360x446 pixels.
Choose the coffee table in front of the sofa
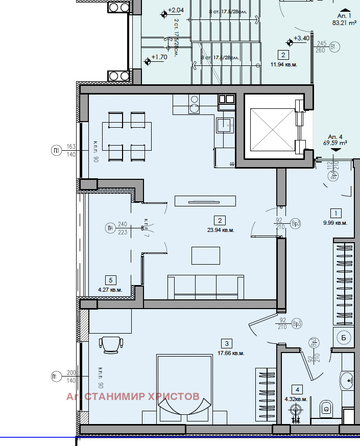tap(206, 255)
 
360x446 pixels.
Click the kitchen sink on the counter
tap(224, 124)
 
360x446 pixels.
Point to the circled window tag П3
tap(56, 150)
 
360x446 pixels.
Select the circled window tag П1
tap(56, 377)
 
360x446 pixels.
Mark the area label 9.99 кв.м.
tap(336, 223)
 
